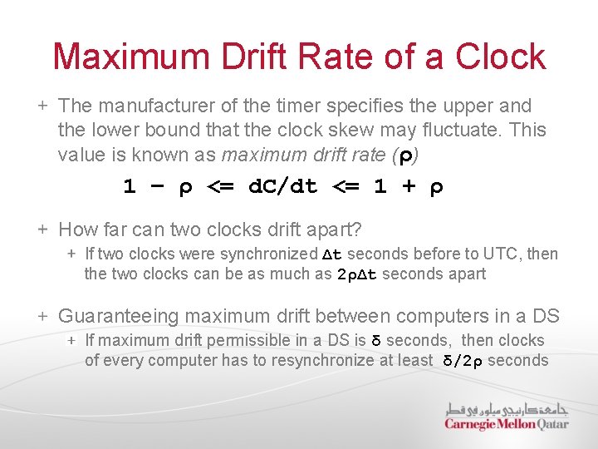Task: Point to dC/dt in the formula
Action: pos(283,187)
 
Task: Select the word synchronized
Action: pos(272,254)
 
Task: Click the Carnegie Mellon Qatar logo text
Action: pos(506,424)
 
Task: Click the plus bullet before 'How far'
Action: pos(42,229)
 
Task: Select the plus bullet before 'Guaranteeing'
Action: pos(42,316)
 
